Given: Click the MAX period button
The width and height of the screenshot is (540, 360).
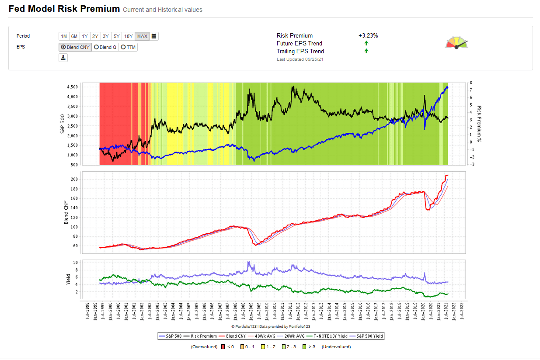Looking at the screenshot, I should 142,36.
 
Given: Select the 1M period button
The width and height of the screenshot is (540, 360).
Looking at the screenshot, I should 64,36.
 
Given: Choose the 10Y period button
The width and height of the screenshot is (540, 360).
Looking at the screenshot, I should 128,36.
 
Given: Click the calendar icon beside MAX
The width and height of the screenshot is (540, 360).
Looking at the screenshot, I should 154,36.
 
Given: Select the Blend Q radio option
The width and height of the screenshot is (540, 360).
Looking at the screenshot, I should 105,47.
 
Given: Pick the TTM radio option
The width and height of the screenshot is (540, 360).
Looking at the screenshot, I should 128,47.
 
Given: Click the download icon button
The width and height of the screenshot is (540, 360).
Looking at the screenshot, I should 63,58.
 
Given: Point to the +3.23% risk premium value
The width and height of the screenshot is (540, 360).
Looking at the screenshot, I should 368,36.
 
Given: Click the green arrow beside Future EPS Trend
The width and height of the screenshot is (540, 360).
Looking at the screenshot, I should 366,43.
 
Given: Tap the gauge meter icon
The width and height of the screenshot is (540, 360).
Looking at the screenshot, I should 456,43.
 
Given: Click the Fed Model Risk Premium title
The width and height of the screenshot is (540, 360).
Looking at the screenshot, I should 64,9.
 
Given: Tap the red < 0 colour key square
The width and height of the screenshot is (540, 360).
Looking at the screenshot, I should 223,347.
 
